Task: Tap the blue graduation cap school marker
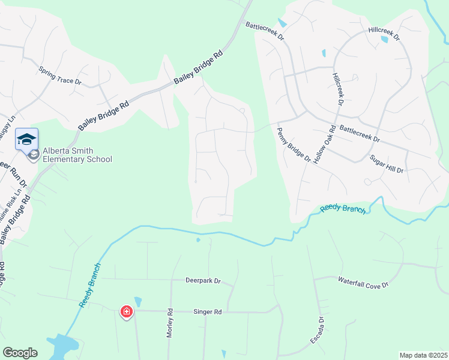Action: click(x=26, y=139)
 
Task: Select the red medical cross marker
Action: click(x=126, y=311)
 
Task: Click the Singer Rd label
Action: click(x=208, y=312)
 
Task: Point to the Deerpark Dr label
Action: click(x=203, y=281)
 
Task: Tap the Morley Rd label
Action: click(x=170, y=323)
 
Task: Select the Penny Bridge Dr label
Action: click(x=294, y=145)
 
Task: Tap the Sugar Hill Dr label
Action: click(x=387, y=164)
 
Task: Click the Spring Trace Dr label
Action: click(x=59, y=76)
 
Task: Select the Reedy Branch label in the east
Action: click(x=342, y=208)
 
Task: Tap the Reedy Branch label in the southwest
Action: click(x=90, y=286)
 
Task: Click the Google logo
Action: click(x=20, y=353)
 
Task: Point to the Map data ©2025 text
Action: click(x=423, y=355)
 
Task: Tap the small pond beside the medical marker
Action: click(x=138, y=302)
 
